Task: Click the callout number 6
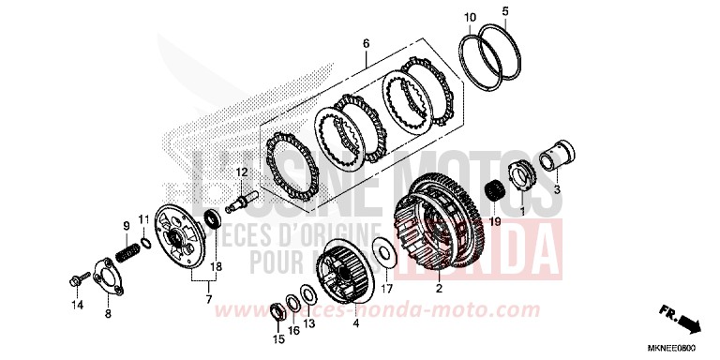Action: (366, 44)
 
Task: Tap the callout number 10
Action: (470, 17)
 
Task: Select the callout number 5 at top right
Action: (504, 11)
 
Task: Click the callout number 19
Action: (495, 222)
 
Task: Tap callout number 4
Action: (355, 323)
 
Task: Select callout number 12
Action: (241, 172)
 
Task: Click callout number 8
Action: (108, 314)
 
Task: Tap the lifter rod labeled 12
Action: (247, 198)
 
